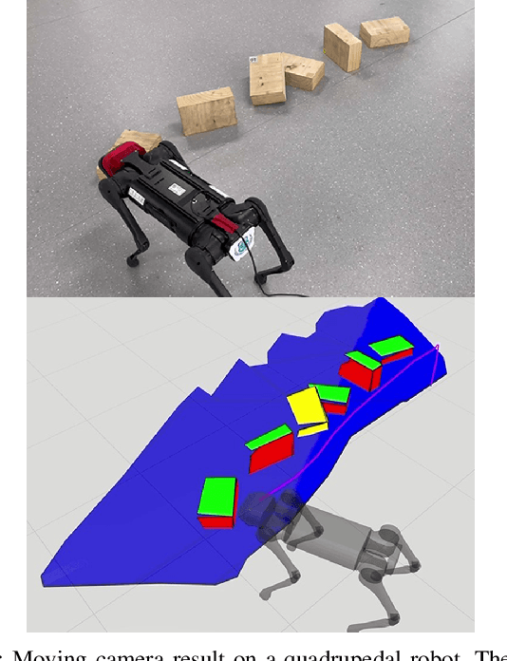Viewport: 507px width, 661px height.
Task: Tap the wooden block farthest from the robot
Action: (x=385, y=31)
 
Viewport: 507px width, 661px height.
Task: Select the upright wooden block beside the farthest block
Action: (x=342, y=47)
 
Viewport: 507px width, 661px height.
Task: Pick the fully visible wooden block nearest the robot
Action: (x=206, y=111)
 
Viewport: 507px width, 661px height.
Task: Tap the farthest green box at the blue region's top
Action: (x=391, y=347)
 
